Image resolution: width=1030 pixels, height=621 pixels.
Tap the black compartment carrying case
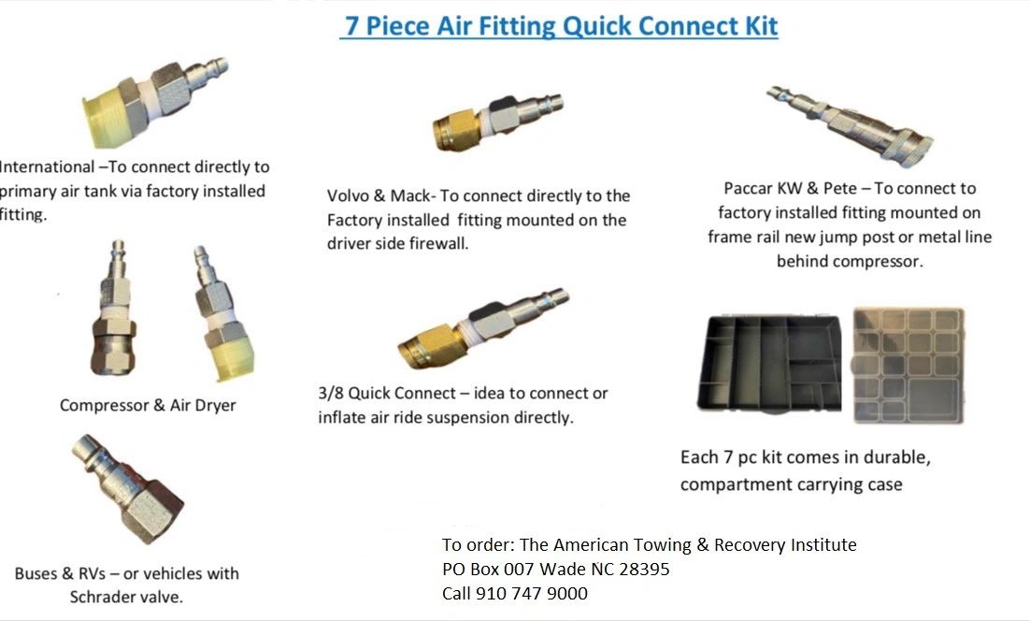771,364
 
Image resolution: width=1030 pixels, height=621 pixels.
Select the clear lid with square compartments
906,364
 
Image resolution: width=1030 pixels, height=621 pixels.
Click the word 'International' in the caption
48,167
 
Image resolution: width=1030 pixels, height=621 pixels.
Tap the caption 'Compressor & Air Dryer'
148,406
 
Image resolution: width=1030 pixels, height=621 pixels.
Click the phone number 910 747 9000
532,594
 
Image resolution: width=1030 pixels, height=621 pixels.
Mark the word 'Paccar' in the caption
751,189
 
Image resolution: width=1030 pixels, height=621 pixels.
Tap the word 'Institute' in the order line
821,545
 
